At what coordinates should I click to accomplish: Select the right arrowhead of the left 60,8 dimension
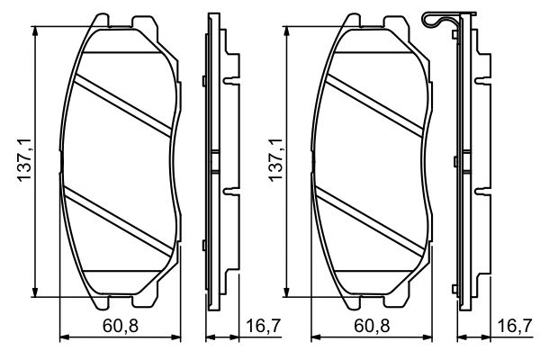(179, 338)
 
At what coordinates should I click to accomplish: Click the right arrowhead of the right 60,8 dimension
(429, 338)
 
